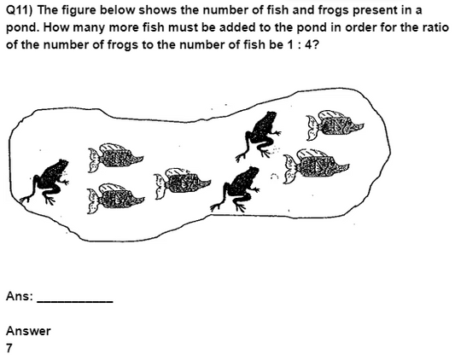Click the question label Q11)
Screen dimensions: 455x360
(20, 11)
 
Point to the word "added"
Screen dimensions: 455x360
(237, 27)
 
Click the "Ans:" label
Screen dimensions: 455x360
(20, 297)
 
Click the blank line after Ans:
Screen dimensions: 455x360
(75, 302)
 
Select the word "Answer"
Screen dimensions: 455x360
(28, 331)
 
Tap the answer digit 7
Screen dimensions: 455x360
(9, 348)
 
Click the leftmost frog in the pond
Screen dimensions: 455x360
(45, 182)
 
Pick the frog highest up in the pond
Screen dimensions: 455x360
(259, 136)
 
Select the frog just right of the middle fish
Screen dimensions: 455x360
(236, 189)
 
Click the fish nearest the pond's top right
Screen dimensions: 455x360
(335, 125)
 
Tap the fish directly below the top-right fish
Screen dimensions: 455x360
(316, 165)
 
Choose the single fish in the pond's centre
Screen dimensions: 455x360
(183, 183)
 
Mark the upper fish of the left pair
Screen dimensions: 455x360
(115, 157)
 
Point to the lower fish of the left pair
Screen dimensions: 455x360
(115, 199)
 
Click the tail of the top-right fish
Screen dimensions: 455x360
(312, 128)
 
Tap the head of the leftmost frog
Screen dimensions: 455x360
(61, 165)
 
